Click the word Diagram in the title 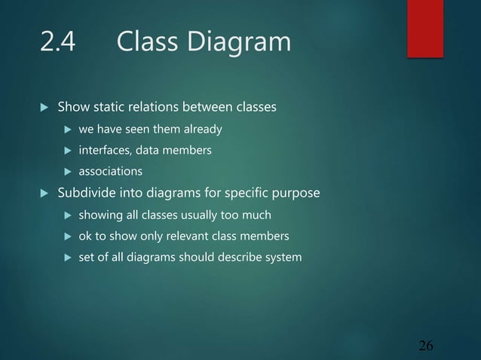point(244,42)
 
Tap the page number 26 point(426,346)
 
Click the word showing point(100,215)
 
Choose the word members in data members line point(190,151)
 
